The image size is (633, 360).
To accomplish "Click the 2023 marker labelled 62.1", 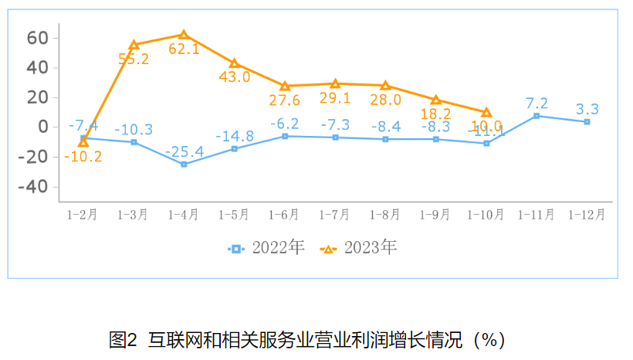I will coord(184,35).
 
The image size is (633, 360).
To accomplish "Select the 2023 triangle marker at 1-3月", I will coord(134,45).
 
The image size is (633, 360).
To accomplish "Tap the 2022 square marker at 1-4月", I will coord(184,164).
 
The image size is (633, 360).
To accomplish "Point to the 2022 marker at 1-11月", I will coord(537,116).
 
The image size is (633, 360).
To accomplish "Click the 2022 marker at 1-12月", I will coord(587,122).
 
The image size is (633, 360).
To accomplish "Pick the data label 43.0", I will coord(234,76).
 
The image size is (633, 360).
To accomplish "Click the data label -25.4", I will coord(184,151).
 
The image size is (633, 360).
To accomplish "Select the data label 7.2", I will coord(537,104).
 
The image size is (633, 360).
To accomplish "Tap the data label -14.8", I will coord(234,136).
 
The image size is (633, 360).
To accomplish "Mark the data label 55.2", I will coord(134,59).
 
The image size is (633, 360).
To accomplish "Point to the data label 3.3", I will coord(587,109).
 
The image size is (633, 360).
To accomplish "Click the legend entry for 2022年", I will coord(267,248).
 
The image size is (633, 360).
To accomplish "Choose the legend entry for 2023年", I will coord(360,248).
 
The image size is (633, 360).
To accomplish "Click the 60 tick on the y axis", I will coord(38,38).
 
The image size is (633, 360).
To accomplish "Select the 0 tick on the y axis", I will coord(43,127).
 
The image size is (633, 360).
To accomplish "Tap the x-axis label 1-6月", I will coord(284,215).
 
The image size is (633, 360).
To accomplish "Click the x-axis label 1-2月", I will coord(83,215).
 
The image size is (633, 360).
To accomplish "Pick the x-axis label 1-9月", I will coord(435,215).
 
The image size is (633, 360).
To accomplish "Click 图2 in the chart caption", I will coord(123,339).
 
